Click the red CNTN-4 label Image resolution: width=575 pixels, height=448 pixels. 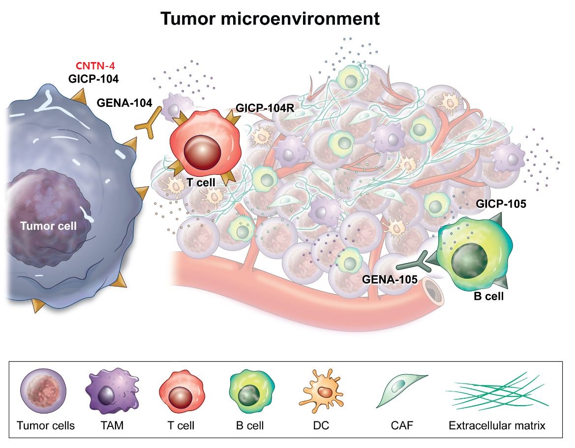95,65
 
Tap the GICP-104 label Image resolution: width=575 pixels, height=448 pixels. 93,78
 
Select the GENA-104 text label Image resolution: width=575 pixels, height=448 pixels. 124,103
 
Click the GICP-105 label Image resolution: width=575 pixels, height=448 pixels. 501,204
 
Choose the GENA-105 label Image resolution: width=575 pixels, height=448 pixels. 390,280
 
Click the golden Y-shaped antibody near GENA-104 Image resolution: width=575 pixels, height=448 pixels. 149,123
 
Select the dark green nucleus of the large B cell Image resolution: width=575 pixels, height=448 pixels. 469,261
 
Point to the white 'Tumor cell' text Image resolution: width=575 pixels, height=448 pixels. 48,225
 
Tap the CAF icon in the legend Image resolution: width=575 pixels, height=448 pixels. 401,390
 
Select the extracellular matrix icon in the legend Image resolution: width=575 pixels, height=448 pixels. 497,391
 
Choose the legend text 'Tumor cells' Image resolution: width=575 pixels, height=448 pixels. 46,426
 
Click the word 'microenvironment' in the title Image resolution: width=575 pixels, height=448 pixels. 300,18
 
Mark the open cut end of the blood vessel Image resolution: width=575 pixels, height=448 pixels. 433,290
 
